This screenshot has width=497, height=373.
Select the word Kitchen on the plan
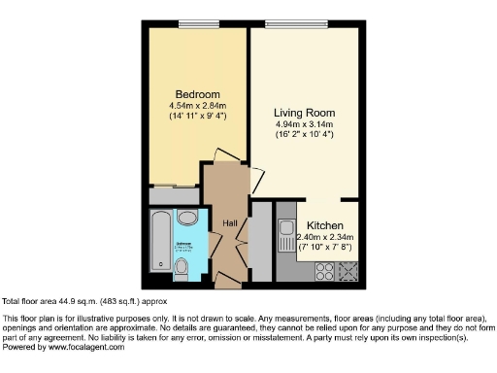tap(325, 225)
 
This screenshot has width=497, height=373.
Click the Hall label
tap(231, 224)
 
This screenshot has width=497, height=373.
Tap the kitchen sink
tap(287, 234)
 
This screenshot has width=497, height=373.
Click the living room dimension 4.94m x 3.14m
tap(304, 123)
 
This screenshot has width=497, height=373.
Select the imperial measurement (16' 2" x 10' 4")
tap(304, 134)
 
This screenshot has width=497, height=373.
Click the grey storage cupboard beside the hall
tap(261, 238)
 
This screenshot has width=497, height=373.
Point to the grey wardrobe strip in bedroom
tap(175, 194)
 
